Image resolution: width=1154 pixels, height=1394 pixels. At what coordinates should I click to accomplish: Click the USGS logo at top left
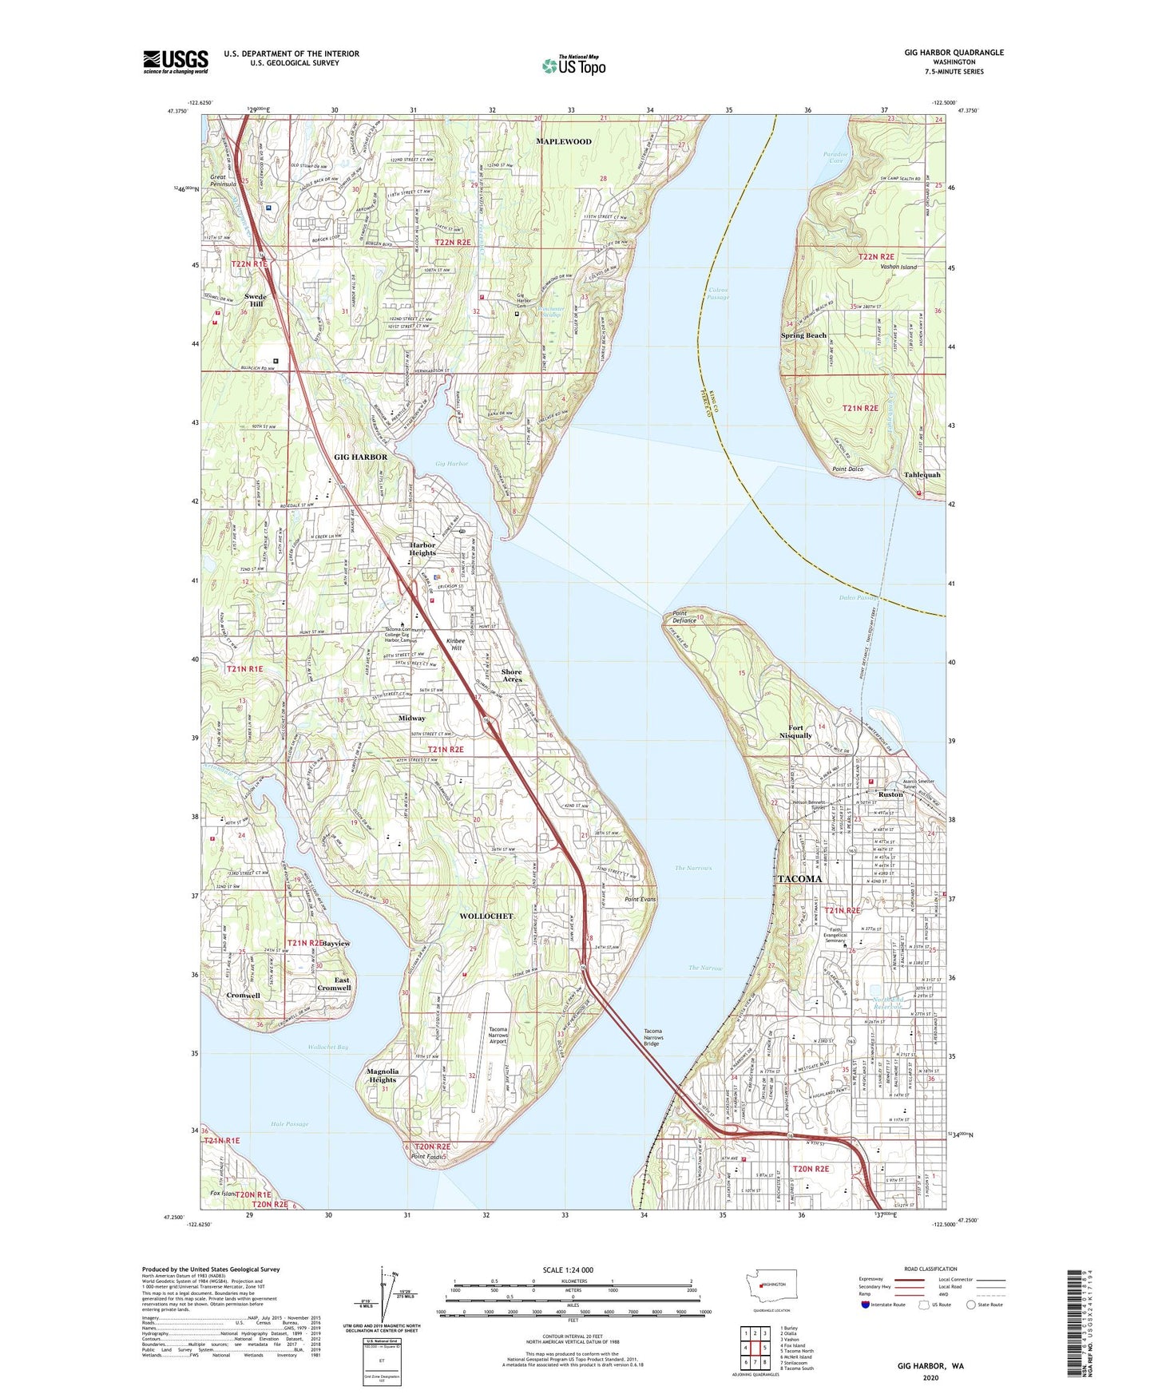tap(176, 61)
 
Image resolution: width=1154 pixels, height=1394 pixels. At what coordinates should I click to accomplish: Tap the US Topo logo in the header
tap(573, 66)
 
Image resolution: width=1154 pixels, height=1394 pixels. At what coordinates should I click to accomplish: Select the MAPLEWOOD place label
tap(564, 141)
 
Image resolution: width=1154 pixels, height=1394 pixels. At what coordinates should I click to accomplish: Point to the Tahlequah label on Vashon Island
tap(922, 475)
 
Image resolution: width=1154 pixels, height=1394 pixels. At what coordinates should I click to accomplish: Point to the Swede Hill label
tap(256, 300)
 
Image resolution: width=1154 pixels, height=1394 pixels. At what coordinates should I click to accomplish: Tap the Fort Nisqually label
tap(799, 731)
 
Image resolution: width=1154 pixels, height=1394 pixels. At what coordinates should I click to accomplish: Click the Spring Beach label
tap(803, 335)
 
